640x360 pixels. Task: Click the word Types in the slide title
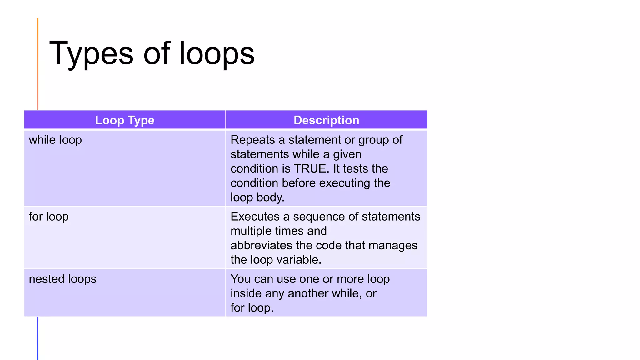click(x=91, y=54)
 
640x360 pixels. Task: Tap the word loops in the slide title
click(x=217, y=54)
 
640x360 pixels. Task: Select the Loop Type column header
click(x=125, y=120)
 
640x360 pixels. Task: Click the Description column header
click(x=326, y=120)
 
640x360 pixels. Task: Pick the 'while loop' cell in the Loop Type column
click(x=55, y=140)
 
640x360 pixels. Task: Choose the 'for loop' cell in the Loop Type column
click(x=49, y=217)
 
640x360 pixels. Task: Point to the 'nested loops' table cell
click(x=62, y=279)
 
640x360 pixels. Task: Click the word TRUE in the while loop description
click(x=312, y=168)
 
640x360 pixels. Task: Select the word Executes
click(x=255, y=217)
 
